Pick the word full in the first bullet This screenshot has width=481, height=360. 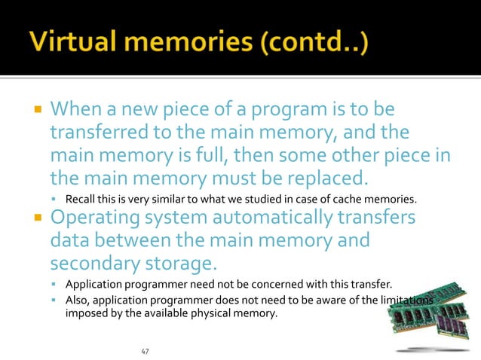[225, 157]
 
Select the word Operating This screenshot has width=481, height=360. [95, 219]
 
